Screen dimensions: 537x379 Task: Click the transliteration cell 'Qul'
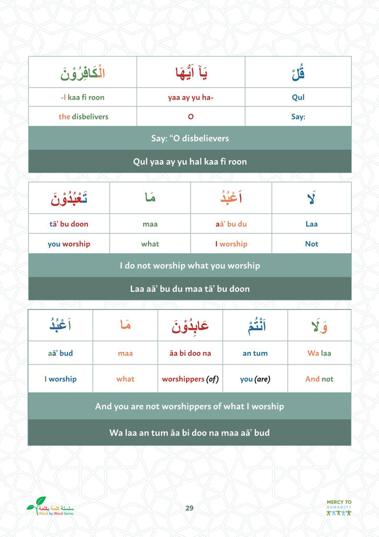click(298, 97)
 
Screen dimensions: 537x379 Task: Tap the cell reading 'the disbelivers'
click(83, 116)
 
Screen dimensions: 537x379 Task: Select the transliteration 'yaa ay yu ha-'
click(191, 97)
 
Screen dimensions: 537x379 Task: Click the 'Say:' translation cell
click(298, 116)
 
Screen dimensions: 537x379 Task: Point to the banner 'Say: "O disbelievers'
click(189, 138)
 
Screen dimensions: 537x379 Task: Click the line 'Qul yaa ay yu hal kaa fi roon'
click(189, 162)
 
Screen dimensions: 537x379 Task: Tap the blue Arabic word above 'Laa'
click(311, 198)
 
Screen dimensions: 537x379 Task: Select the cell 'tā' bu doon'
click(69, 224)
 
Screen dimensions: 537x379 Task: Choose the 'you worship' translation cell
click(69, 244)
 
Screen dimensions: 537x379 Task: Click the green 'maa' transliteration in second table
click(150, 224)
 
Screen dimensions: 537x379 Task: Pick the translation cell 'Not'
click(311, 244)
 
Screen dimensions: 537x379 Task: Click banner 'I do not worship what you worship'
click(189, 265)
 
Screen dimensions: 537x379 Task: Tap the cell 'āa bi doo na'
click(190, 353)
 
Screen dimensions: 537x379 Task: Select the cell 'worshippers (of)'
click(190, 379)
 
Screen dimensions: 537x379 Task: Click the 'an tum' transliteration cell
click(255, 353)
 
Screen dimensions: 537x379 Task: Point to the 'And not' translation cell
click(319, 379)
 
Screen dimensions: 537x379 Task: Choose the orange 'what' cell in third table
click(125, 379)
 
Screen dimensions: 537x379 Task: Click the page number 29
click(189, 508)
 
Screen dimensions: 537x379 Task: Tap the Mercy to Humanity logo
click(339, 508)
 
